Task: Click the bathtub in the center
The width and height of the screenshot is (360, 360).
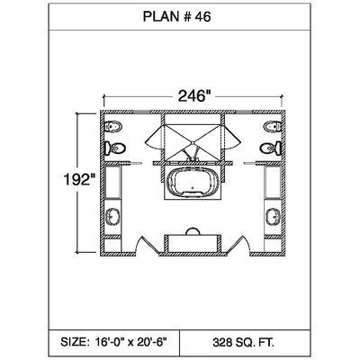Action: [x=193, y=182]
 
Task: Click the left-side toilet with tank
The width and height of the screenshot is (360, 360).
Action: [x=114, y=148]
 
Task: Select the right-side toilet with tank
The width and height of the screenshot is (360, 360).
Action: [x=271, y=148]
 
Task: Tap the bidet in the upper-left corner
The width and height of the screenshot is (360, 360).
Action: [x=113, y=127]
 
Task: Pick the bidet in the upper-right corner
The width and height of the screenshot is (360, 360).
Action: [x=273, y=127]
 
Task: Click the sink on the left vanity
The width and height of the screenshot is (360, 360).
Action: [x=113, y=217]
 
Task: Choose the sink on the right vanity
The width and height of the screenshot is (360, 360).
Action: [x=273, y=217]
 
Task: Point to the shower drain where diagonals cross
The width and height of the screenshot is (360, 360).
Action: [x=193, y=141]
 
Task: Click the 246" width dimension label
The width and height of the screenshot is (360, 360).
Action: [x=193, y=96]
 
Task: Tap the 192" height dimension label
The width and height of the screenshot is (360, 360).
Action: [x=79, y=180]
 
